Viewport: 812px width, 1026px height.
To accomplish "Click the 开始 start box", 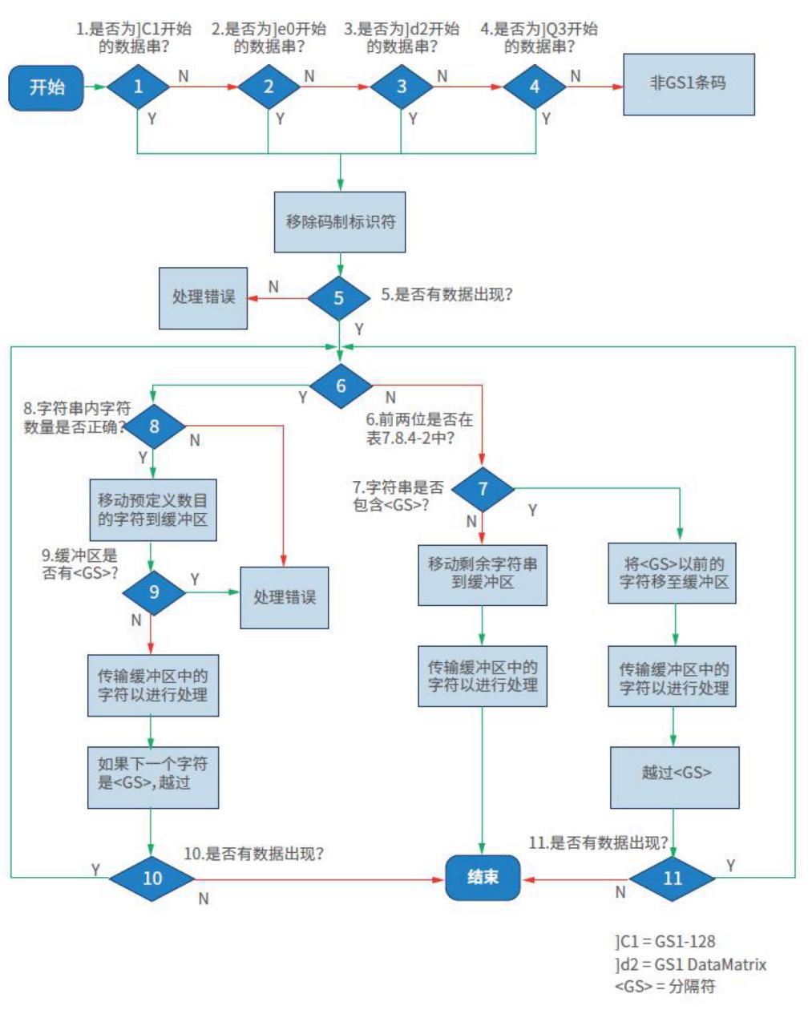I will point(46,87).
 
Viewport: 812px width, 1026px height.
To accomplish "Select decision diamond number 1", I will point(138,87).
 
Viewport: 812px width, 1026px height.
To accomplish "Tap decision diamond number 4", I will point(535,87).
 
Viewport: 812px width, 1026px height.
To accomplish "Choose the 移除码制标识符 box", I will point(340,221).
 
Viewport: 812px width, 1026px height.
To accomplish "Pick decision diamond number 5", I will point(339,298).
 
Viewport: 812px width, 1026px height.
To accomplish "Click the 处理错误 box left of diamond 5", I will point(203,297).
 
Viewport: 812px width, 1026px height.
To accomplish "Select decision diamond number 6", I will point(341,386).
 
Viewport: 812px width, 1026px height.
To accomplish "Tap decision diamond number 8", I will point(154,426).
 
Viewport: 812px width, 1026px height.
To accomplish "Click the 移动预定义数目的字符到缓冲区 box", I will point(152,510).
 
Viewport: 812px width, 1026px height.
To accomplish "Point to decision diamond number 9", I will point(154,592).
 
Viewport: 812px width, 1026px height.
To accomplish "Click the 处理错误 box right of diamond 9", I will point(285,597).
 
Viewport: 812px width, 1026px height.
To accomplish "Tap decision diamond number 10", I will point(151,879).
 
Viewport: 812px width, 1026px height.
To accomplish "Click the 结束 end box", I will point(483,878).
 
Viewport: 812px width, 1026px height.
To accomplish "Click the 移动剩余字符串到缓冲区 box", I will point(483,574).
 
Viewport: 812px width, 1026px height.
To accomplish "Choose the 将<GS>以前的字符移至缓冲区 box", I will point(674,573).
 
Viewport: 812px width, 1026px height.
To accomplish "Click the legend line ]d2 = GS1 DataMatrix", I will point(690,964).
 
